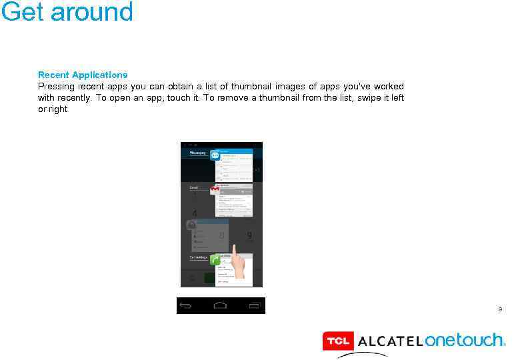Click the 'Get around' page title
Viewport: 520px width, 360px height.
[x=67, y=12]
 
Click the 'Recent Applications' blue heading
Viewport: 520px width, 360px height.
[x=83, y=75]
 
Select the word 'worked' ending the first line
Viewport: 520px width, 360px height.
[x=389, y=87]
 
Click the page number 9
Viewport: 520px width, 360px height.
[x=500, y=309]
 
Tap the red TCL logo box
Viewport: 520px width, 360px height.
[x=338, y=341]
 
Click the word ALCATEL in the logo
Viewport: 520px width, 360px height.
[x=390, y=342]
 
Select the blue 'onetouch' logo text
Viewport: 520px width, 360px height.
[x=465, y=341]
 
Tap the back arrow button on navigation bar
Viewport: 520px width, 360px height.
[x=186, y=305]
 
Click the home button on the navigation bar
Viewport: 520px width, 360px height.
[x=221, y=305]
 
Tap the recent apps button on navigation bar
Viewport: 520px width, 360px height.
[x=254, y=305]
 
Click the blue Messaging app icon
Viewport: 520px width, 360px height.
[x=215, y=155]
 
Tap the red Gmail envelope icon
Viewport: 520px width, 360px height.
[x=215, y=190]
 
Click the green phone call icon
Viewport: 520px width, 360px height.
[x=215, y=260]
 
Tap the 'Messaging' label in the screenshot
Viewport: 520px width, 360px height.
[x=198, y=153]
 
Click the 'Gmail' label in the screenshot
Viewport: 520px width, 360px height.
[x=194, y=188]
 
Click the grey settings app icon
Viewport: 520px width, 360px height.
[x=191, y=225]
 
